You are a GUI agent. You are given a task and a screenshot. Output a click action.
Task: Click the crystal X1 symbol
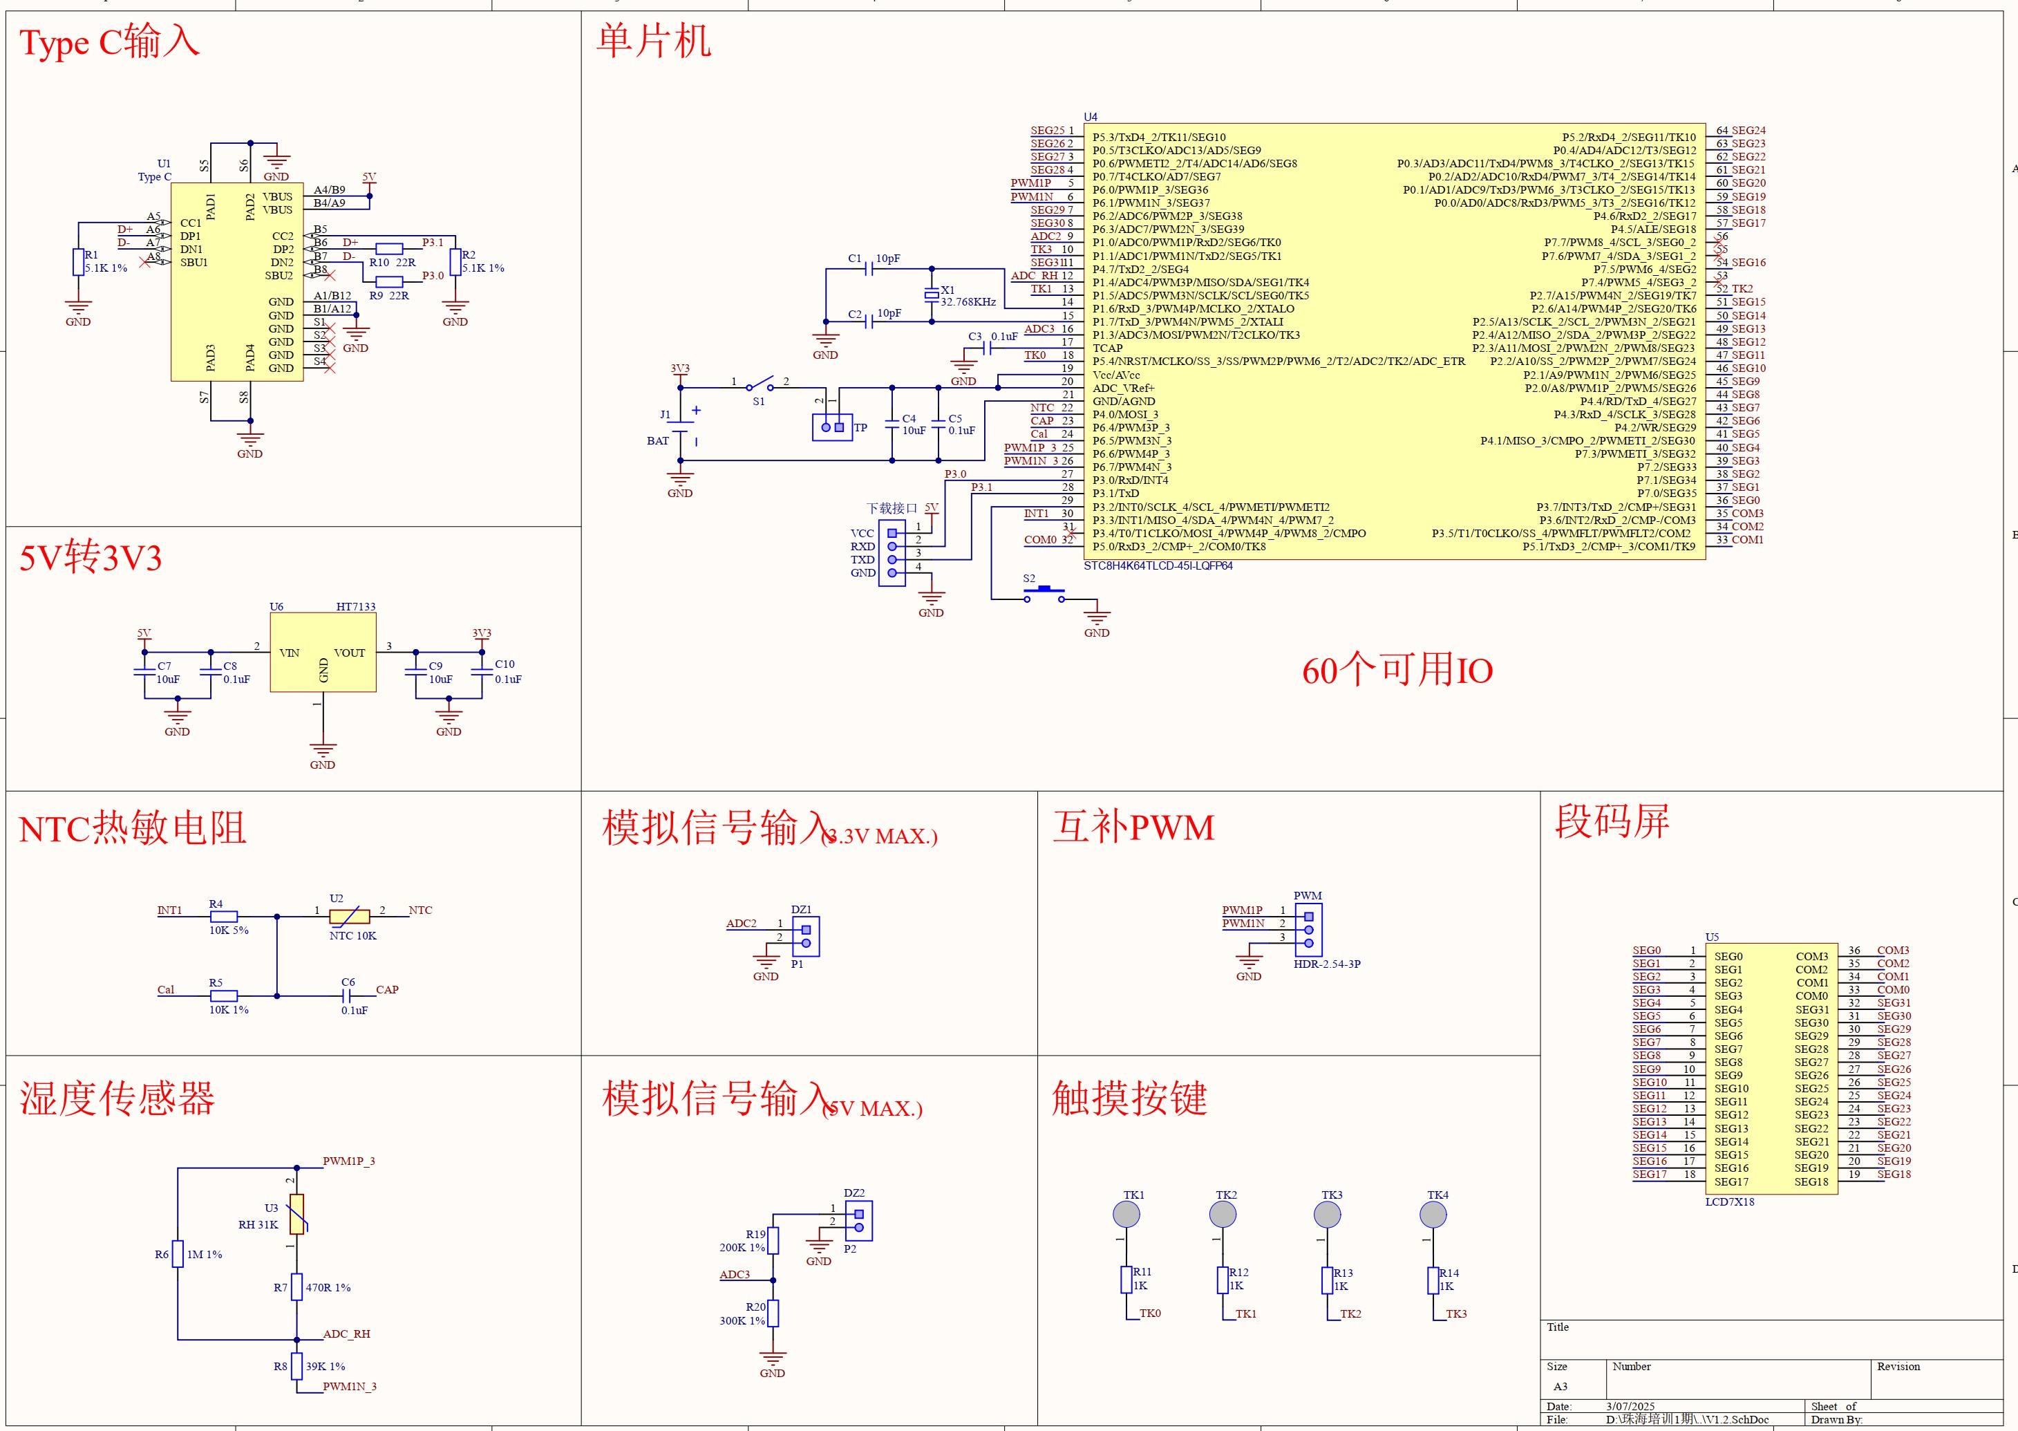931,295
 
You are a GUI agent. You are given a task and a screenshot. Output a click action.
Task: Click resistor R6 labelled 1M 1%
178,1253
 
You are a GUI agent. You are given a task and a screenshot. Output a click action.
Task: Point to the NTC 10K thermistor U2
350,917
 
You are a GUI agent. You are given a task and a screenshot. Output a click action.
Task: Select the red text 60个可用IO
1397,671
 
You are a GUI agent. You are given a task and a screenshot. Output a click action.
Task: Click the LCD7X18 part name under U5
1729,1202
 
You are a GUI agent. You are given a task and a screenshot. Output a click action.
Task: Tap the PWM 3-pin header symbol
1308,930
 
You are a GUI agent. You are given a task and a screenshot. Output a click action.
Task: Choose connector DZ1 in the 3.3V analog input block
806,936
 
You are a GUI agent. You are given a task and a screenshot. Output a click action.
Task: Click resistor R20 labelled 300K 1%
773,1313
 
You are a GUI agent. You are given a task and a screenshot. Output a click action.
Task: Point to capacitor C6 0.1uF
347,995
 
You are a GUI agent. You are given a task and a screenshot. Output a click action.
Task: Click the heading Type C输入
110,41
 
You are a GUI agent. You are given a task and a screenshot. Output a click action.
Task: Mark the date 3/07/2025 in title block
1630,1406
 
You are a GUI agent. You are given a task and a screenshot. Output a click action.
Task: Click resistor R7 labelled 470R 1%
297,1287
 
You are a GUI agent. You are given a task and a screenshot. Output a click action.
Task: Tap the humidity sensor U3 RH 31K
297,1214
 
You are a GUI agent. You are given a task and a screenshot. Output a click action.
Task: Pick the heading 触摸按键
1129,1098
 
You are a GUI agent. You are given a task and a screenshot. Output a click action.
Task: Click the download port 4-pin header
892,552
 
